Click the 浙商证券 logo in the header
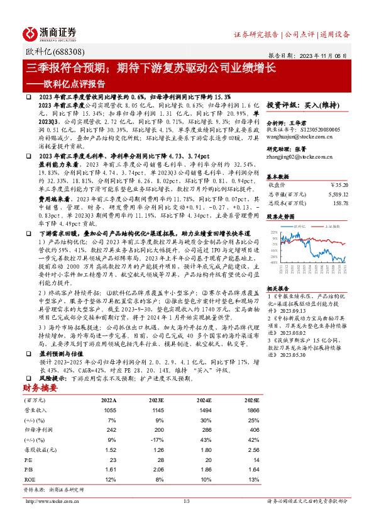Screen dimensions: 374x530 [x=50, y=33]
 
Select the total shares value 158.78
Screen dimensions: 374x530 [x=340, y=203]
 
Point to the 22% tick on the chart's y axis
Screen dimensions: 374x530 [x=274, y=232]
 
